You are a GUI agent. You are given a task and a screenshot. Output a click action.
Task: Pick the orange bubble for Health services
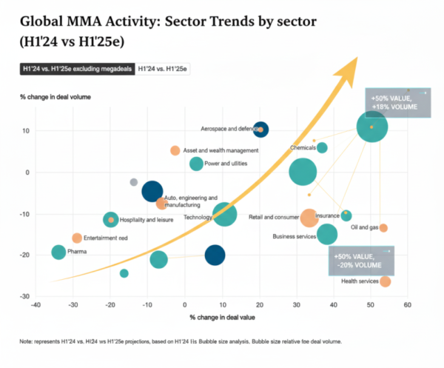click(x=385, y=281)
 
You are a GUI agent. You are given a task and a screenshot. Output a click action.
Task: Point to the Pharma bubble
click(x=58, y=252)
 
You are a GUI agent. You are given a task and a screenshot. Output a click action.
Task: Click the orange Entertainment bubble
click(x=77, y=238)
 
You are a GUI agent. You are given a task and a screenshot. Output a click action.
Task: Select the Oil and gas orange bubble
click(x=383, y=227)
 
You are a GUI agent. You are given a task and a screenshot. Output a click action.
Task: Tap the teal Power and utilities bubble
click(x=196, y=164)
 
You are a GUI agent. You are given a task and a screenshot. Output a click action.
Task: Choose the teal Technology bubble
click(x=224, y=215)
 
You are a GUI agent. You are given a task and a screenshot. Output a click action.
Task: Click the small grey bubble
click(x=134, y=181)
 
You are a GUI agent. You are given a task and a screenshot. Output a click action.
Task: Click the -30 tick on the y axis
click(x=23, y=295)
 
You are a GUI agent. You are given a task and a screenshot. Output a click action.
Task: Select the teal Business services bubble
click(x=326, y=234)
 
